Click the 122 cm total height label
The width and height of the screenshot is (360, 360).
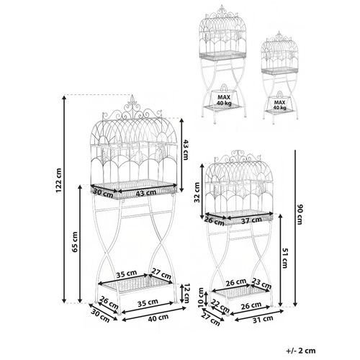[x=59, y=181]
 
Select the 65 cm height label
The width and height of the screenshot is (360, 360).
[x=75, y=242]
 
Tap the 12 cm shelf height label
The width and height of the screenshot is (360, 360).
[x=185, y=293]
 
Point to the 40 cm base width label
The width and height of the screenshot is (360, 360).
[x=158, y=318]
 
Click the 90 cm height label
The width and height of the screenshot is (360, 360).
[x=300, y=215]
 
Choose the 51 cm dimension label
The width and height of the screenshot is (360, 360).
[x=285, y=258]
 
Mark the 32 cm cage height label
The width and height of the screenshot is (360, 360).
[x=197, y=192]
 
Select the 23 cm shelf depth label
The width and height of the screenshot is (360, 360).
[x=261, y=283]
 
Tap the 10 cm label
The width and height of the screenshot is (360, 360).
[x=201, y=297]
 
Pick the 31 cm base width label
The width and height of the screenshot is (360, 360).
[x=263, y=319]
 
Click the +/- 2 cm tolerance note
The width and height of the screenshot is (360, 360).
[x=301, y=351]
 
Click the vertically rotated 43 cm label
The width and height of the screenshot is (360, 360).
[x=185, y=150]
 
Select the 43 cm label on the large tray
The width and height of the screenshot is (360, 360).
[x=145, y=192]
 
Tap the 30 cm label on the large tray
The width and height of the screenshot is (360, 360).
[x=103, y=193]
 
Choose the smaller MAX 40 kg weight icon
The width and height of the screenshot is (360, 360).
[x=279, y=101]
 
